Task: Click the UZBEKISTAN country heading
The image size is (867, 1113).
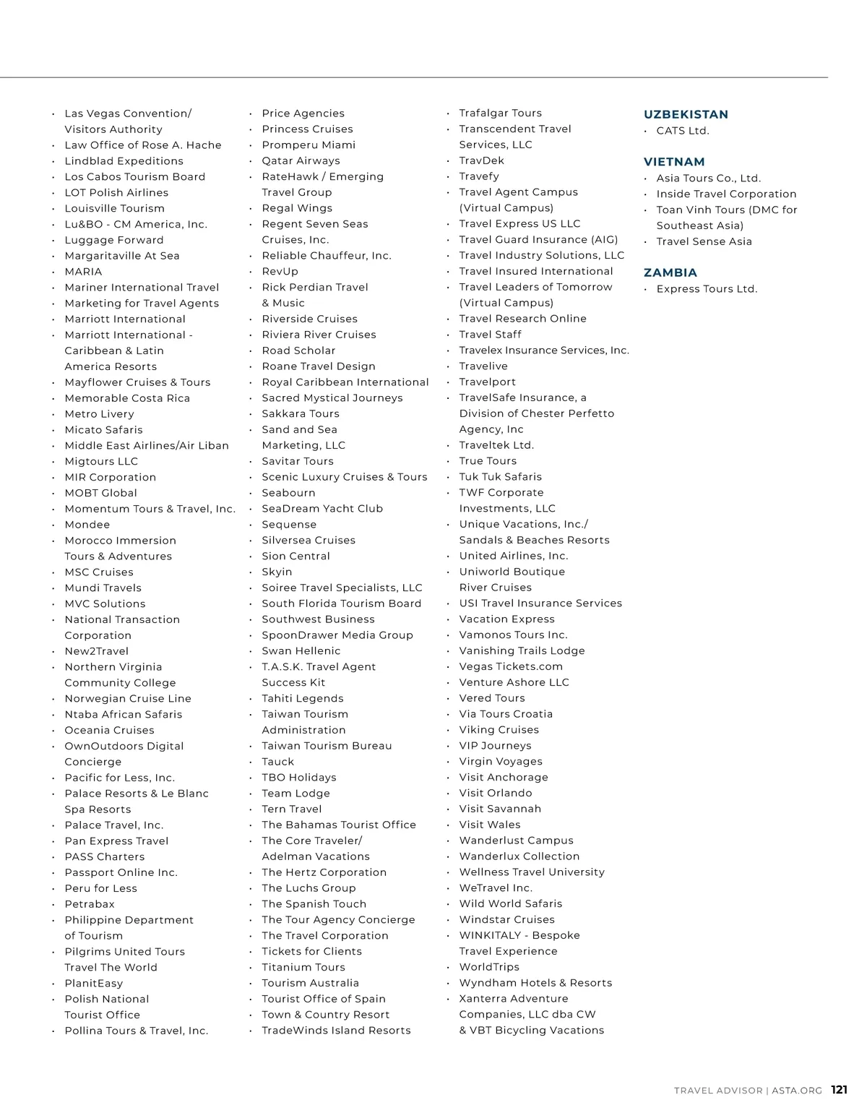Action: [686, 114]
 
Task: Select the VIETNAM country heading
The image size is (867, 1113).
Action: [674, 162]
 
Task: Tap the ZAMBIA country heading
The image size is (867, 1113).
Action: [670, 272]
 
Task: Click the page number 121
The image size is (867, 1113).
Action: [839, 1090]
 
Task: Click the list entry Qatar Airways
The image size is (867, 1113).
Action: [301, 160]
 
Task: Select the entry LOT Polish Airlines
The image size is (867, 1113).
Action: [116, 192]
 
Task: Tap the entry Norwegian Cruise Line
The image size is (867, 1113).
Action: [128, 698]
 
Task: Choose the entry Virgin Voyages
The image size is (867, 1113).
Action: [501, 761]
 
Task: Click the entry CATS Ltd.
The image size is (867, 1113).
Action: [683, 131]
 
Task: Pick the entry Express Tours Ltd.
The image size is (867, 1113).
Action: [707, 289]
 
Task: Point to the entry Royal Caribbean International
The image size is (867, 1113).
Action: [345, 382]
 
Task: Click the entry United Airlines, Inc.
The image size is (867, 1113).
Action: [514, 556]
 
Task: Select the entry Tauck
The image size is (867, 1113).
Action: [278, 761]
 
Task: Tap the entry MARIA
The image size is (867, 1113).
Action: [83, 271]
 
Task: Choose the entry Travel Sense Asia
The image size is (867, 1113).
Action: [704, 241]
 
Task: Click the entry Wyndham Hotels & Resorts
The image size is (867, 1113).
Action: [535, 982]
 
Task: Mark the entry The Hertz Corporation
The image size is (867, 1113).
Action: [324, 872]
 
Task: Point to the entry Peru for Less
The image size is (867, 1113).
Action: [100, 888]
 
